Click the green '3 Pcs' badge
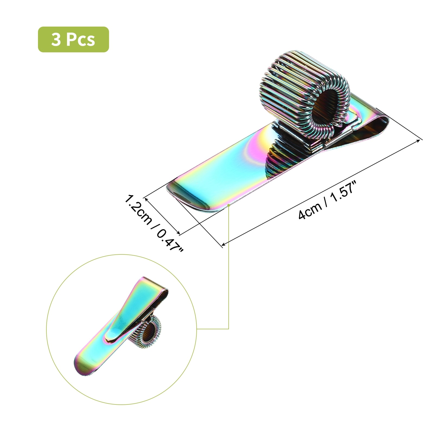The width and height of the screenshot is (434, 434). [74, 39]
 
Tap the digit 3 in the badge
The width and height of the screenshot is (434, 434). [56, 40]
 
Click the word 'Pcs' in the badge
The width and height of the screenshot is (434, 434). [81, 40]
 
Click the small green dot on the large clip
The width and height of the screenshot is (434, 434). [229, 205]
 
